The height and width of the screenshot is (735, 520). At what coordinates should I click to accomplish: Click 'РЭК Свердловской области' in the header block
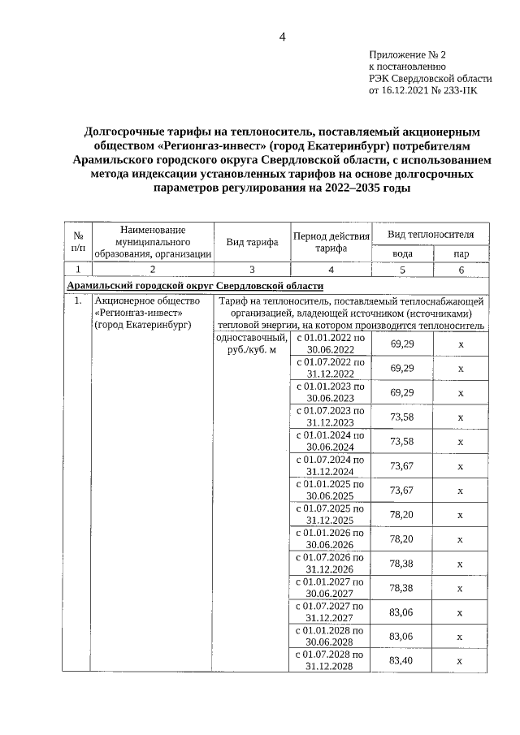431,79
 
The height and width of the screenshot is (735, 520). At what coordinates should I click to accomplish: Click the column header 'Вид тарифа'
252,241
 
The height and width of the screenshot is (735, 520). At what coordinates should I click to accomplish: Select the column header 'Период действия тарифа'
331,241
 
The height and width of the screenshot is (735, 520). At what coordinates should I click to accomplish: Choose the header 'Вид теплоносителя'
430,234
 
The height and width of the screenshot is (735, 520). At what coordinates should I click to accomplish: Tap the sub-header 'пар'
460,253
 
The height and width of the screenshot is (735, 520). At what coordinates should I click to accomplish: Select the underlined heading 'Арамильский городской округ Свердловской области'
195,286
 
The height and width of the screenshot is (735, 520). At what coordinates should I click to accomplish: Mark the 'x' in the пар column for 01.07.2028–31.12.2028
460,661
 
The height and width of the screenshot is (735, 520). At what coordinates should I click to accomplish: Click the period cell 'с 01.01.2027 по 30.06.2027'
331,588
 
